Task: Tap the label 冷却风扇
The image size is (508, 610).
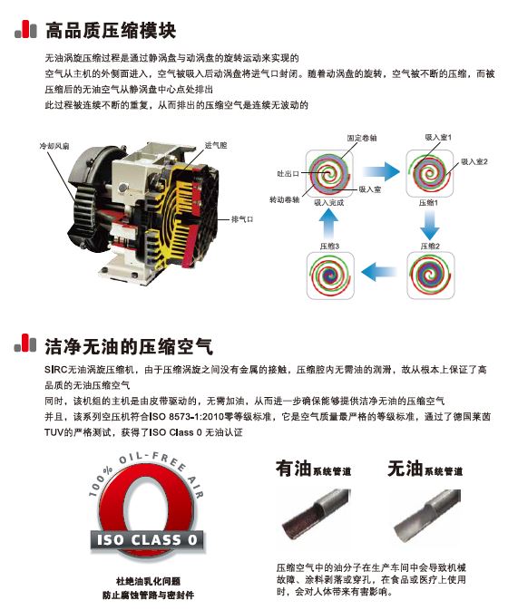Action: tap(52, 145)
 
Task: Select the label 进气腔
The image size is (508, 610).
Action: tap(216, 145)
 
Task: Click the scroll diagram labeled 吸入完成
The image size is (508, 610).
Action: tap(330, 172)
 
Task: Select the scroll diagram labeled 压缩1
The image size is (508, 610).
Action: tap(429, 172)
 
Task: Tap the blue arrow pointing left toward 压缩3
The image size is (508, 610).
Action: tap(378, 271)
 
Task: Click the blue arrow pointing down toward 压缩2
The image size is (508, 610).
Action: tap(429, 225)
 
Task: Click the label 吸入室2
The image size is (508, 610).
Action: tap(474, 161)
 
